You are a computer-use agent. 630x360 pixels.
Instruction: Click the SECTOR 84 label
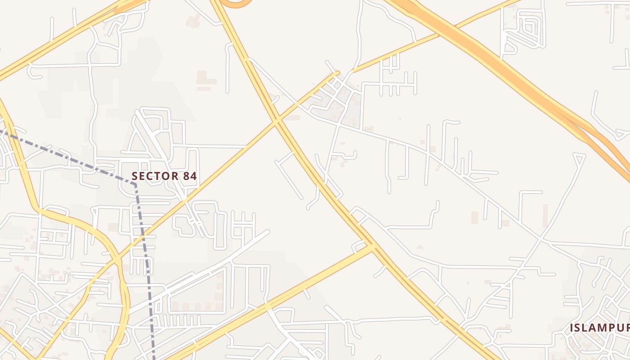[164, 176]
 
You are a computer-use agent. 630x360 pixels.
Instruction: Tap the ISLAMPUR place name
[599, 328]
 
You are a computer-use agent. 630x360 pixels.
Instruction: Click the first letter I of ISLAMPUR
[572, 328]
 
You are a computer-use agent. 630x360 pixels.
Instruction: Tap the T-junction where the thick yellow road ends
[372, 247]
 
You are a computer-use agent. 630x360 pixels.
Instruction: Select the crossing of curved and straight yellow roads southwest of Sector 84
[118, 260]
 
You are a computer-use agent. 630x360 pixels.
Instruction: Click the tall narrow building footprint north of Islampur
[545, 214]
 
